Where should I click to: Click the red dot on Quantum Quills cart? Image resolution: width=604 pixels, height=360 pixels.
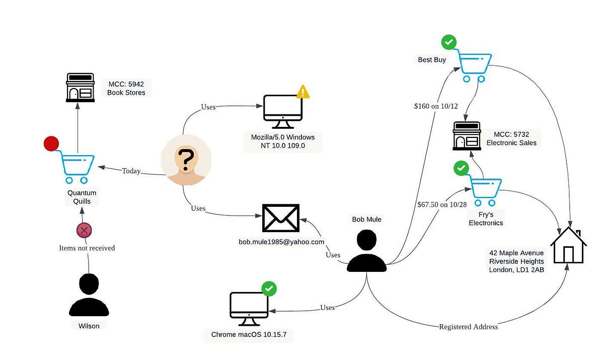51,143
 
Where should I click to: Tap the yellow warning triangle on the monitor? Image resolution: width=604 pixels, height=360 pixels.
303,92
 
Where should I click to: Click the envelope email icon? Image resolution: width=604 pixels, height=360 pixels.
281,218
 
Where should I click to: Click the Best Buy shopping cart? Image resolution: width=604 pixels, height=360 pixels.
474,66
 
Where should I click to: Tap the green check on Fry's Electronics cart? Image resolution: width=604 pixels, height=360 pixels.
461,168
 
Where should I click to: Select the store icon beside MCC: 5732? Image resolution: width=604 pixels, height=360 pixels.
467,135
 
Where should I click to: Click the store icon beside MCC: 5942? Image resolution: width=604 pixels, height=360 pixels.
81,88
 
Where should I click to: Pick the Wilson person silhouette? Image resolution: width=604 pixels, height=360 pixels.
89,295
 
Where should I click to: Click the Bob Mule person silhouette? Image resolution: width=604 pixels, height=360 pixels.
366,252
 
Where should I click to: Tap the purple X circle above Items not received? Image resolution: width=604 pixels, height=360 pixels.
84,231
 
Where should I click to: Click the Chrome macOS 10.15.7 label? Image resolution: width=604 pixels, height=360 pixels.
249,335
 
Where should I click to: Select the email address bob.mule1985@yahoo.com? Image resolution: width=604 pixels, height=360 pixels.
281,242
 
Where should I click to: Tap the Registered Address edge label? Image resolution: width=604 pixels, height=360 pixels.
468,327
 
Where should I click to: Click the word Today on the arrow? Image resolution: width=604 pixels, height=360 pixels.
131,171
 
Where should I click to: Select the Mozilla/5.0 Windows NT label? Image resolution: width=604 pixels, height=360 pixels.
282,141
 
